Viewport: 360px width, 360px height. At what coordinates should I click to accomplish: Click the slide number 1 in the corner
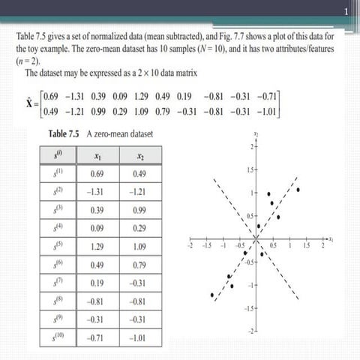(346, 10)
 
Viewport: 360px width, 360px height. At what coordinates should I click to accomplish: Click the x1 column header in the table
(96, 156)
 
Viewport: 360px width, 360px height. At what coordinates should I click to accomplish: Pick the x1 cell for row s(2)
(96, 192)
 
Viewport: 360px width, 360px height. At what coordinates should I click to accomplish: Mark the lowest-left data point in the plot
(213, 294)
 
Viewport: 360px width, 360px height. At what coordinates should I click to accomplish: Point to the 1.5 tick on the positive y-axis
(248, 173)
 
